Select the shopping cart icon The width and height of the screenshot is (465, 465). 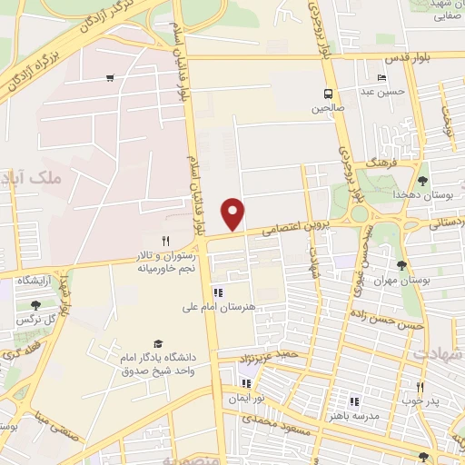coord(110,78)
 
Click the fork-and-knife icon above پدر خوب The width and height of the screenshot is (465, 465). coord(420,386)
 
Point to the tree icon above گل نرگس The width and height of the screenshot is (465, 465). coord(35,305)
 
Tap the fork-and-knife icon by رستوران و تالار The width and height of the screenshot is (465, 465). coord(164,242)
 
